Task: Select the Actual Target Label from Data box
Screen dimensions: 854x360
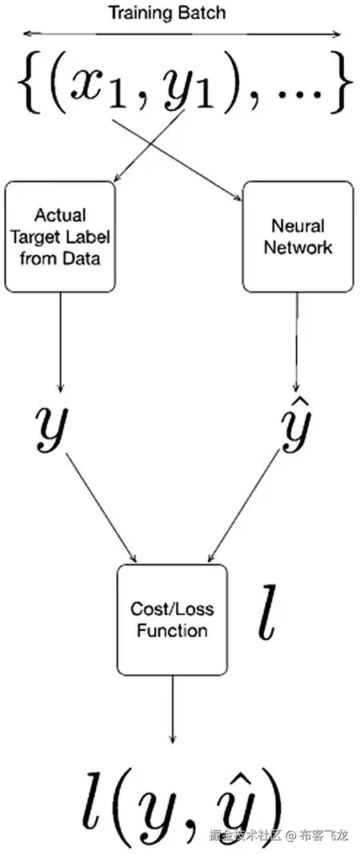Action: click(60, 236)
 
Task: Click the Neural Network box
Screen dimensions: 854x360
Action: click(298, 236)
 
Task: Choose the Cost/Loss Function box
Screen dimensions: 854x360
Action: click(172, 620)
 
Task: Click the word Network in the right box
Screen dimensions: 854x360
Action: click(301, 247)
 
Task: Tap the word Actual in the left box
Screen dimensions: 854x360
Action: click(60, 215)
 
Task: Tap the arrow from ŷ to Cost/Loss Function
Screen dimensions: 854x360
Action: click(247, 505)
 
